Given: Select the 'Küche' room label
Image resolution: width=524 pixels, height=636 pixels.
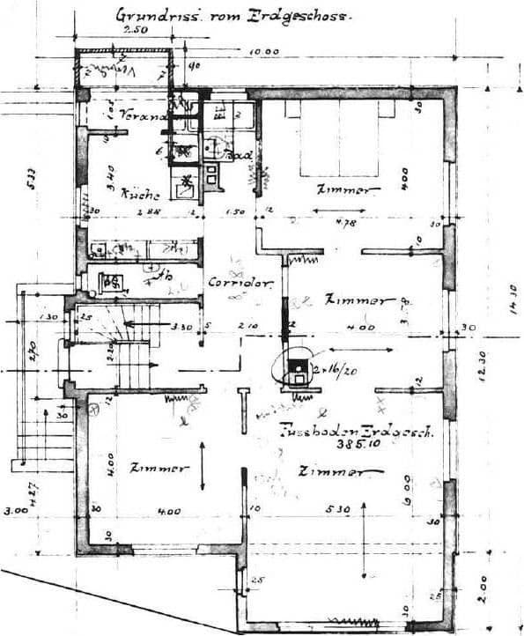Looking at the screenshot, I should tap(141, 195).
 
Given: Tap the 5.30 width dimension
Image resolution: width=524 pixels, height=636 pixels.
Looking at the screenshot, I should tap(336, 509).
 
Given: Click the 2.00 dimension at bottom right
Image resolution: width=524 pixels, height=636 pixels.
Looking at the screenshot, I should tap(483, 586).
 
